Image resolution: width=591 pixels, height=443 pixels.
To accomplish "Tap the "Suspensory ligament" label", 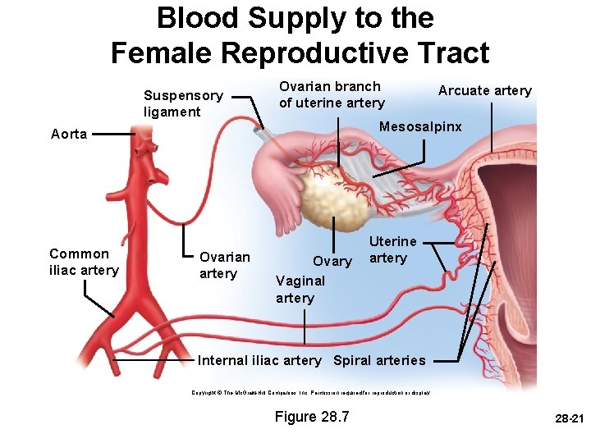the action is [x=182, y=103].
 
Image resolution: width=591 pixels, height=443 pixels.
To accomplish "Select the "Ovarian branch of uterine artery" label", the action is [x=331, y=94].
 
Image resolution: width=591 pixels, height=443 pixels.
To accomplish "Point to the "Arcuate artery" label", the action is [x=484, y=91].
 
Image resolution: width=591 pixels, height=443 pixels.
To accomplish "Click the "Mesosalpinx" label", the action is [x=420, y=127].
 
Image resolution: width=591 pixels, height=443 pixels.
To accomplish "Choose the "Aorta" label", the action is [x=69, y=135].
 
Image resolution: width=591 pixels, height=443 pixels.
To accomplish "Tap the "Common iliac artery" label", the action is [x=84, y=262].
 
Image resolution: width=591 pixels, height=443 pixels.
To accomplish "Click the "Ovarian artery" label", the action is [x=224, y=265].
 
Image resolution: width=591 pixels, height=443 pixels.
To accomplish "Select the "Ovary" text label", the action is [x=332, y=262].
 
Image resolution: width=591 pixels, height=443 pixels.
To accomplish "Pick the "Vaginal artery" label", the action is [x=300, y=289].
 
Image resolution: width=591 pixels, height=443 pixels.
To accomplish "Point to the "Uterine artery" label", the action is [x=392, y=249].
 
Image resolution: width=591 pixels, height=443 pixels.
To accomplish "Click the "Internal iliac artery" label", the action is [x=259, y=360].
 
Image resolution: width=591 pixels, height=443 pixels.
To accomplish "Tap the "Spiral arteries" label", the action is [x=379, y=360].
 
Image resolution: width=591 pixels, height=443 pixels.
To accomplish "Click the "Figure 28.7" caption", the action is [x=312, y=417].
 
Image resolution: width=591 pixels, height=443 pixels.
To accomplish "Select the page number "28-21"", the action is [x=567, y=418].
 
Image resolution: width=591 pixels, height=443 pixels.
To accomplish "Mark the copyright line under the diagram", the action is [x=311, y=393].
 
